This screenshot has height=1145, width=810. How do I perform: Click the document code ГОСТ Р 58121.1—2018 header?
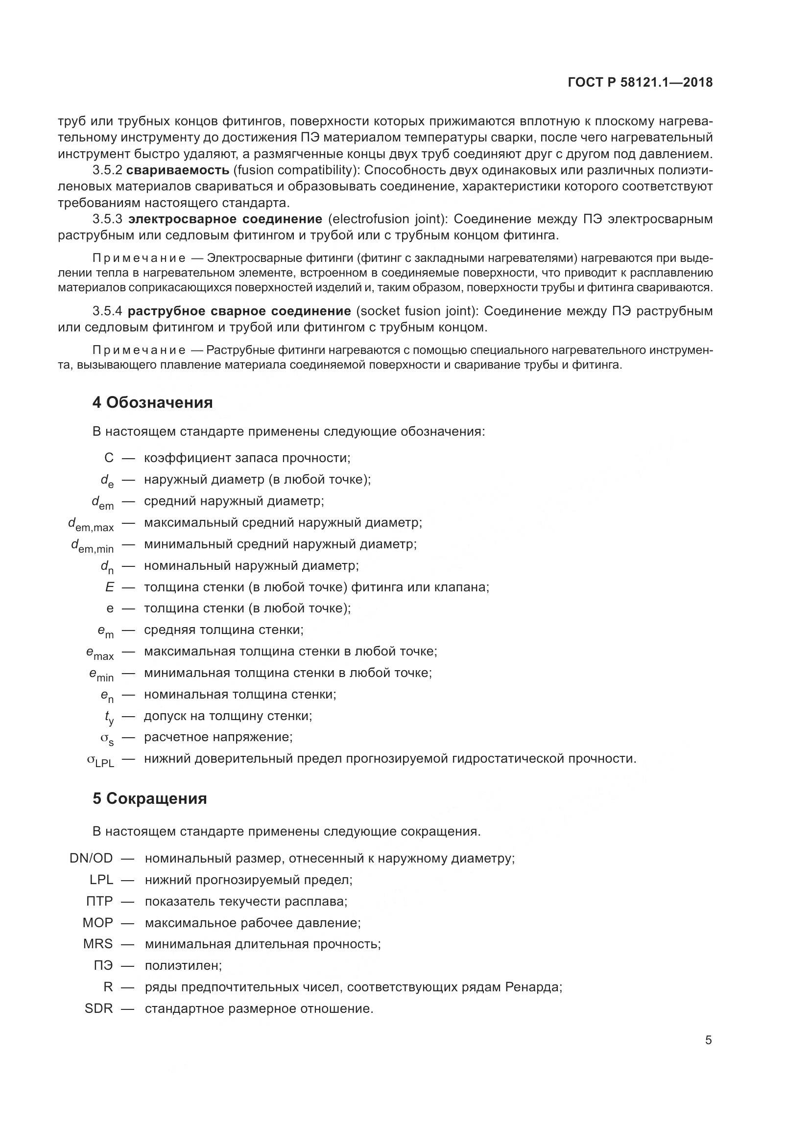pos(640,83)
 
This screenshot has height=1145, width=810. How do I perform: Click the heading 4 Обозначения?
pos(152,402)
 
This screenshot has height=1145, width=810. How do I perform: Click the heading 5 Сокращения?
pos(150,798)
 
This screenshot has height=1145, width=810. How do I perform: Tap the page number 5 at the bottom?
pos(708,1040)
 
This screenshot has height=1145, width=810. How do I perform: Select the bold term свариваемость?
pos(178,170)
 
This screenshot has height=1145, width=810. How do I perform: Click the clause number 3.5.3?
pos(107,219)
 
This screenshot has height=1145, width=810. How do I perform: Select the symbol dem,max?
pos(91,524)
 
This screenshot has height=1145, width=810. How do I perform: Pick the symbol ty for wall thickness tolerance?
pos(109,717)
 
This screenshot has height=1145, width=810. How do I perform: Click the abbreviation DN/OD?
pos(91,858)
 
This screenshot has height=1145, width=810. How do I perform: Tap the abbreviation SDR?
pos(99,1008)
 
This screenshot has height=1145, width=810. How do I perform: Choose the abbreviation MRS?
pos(98,944)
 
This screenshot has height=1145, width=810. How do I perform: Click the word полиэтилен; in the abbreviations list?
pos(183,965)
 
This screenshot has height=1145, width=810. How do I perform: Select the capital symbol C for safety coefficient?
pos(109,458)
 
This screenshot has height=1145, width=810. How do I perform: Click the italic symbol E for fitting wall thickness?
pos(109,587)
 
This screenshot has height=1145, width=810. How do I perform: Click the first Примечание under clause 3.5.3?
pos(139,258)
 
